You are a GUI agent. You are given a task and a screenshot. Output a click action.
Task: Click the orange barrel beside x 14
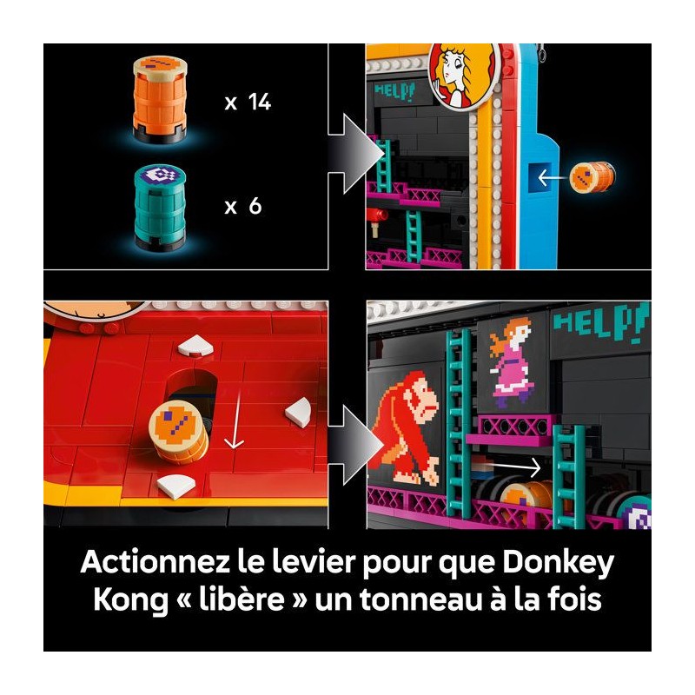point(160,99)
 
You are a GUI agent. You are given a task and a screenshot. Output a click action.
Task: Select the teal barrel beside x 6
point(160,208)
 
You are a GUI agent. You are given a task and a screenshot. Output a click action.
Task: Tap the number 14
point(260,102)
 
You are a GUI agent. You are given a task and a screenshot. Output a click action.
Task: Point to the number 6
point(255,206)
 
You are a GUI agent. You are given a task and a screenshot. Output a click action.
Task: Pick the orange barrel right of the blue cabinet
point(592,177)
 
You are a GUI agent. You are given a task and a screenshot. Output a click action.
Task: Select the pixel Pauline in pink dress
point(512,361)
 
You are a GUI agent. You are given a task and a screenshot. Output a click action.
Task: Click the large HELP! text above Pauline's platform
point(600,322)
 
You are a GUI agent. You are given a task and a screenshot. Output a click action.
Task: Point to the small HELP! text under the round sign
point(394,92)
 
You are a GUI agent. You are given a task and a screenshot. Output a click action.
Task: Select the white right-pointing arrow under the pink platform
point(514,467)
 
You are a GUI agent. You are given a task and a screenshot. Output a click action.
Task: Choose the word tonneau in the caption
point(420,599)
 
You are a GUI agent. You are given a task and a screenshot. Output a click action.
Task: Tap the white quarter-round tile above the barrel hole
point(195,346)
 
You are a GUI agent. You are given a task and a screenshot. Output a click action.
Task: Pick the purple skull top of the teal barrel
point(160,175)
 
